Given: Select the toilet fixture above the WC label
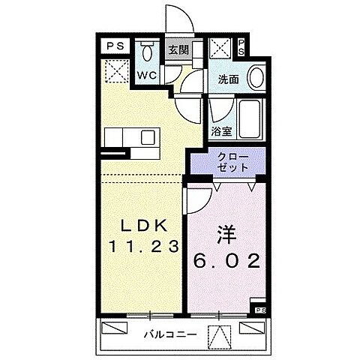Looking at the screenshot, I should click(145, 52).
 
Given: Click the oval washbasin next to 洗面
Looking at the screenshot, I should click(255, 78).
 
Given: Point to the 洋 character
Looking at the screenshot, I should click(224, 235).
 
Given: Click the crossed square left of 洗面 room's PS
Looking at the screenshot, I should click(220, 50).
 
